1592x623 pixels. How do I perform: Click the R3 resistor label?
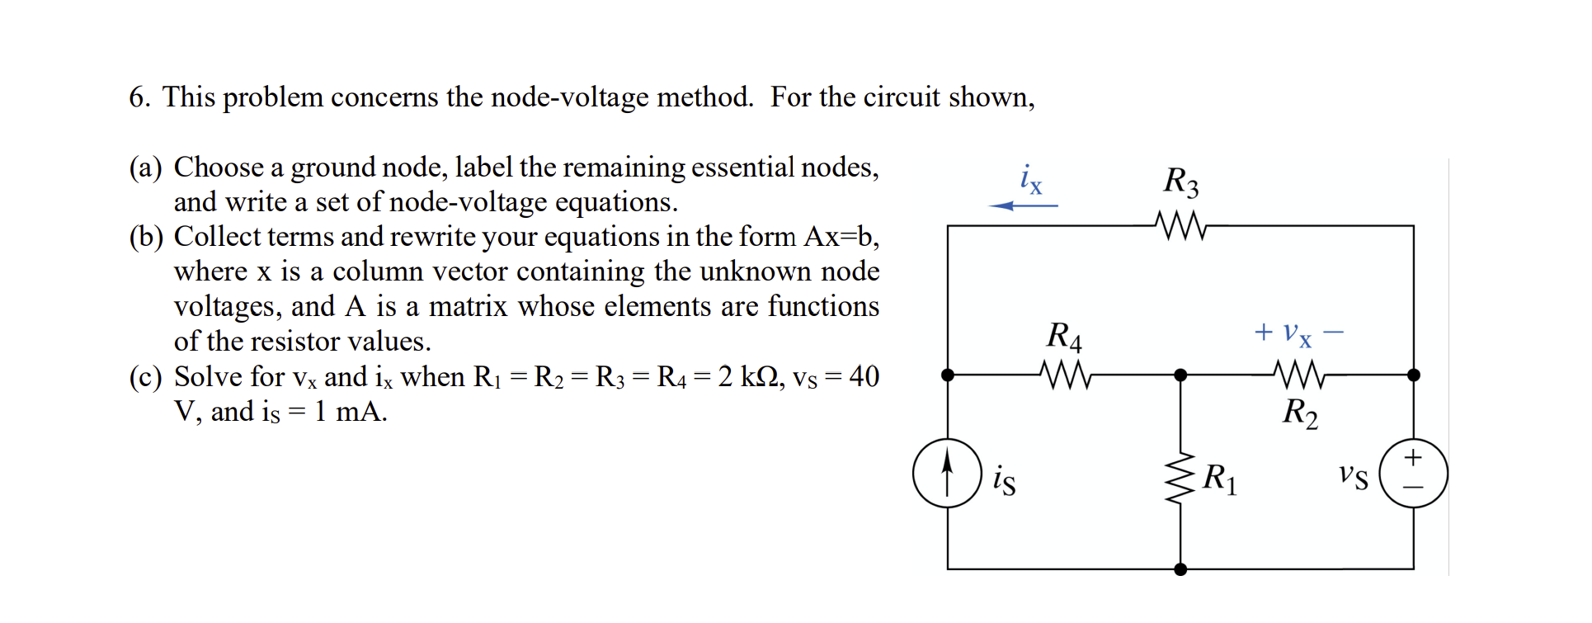[1180, 182]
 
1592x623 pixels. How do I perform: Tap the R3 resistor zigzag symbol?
[1180, 225]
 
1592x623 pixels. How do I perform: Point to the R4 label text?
[1064, 337]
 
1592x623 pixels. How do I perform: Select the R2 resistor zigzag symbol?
[1299, 375]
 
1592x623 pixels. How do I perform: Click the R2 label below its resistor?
[1299, 413]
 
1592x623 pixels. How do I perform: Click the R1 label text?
[1219, 479]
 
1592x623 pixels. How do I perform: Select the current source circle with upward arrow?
[947, 473]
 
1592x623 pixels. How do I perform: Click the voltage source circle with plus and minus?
[1413, 473]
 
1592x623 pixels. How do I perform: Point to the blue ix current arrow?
[1023, 205]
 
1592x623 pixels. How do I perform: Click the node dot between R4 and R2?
[1180, 375]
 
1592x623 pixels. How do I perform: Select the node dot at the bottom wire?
[1180, 569]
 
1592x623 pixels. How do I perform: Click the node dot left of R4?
[948, 375]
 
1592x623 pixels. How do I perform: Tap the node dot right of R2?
[1414, 375]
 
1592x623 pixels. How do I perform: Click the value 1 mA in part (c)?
[350, 411]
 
